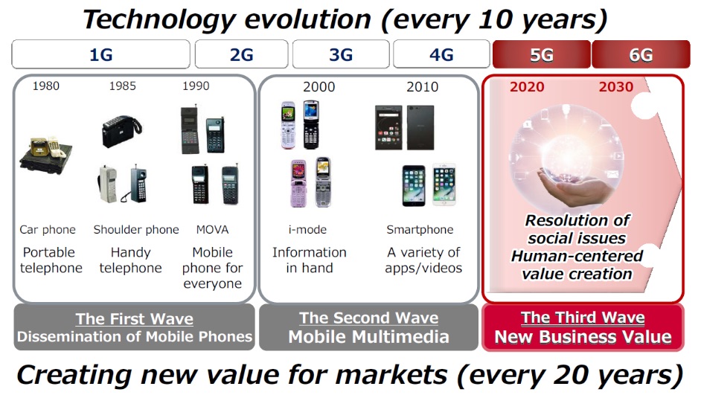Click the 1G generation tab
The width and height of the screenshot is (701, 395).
coord(101,54)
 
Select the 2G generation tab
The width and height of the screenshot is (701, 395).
coord(241,54)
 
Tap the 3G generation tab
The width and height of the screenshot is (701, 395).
coord(341,54)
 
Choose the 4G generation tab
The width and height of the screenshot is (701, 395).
coord(441,54)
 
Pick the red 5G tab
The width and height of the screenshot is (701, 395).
coord(542,54)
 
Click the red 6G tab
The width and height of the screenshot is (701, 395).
coord(641,54)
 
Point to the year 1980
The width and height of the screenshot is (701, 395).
coord(46,86)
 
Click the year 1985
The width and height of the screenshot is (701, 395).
coord(123,86)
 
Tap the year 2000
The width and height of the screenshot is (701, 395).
coord(319,87)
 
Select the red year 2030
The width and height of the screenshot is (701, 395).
coord(616,87)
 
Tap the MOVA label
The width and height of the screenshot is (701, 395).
coord(212,230)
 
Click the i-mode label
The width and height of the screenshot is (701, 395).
coord(307,230)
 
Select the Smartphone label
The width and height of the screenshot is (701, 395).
coord(420,230)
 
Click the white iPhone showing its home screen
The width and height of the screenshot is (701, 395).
coord(444,184)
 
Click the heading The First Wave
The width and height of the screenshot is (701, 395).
coord(134,318)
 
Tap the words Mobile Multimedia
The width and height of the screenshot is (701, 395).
coord(368,337)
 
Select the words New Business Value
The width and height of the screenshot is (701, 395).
coord(583,337)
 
